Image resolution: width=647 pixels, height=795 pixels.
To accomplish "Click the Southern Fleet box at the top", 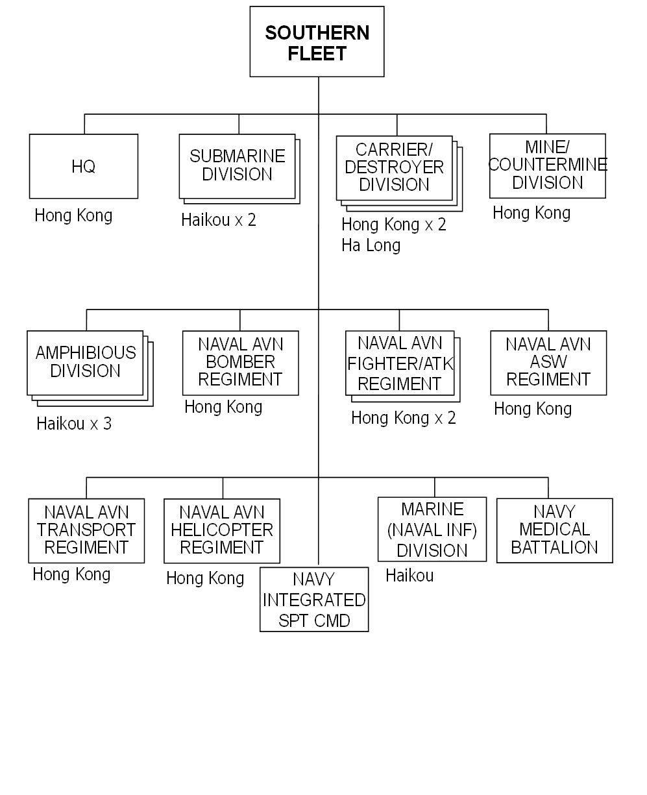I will click(x=317, y=42).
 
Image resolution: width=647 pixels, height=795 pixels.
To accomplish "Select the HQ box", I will click(x=84, y=166).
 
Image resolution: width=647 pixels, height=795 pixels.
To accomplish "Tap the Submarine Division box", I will click(x=237, y=165).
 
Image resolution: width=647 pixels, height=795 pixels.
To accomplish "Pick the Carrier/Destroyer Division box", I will click(x=394, y=167).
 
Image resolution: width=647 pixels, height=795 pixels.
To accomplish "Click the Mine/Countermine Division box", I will click(x=548, y=165).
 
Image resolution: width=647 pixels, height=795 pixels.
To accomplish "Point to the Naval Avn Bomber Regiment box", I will click(x=240, y=362).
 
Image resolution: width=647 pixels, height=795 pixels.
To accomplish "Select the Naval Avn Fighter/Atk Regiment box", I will click(x=399, y=363).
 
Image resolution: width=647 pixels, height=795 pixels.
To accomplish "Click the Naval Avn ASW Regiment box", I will click(x=548, y=362).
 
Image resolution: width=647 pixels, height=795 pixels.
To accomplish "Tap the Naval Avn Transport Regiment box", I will click(x=86, y=530).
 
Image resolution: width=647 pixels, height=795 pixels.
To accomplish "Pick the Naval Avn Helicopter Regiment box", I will click(x=222, y=530).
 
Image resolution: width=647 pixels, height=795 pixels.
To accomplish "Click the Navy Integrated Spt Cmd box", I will click(x=314, y=599).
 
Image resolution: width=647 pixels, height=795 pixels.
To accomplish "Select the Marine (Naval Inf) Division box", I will click(x=432, y=529).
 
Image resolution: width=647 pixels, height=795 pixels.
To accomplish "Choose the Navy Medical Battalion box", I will click(x=554, y=530).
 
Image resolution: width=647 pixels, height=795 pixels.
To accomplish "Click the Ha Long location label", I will click(x=371, y=245).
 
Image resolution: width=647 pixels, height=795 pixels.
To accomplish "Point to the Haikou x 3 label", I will click(x=74, y=424).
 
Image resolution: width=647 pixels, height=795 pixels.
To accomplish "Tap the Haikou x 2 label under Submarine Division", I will click(x=219, y=220).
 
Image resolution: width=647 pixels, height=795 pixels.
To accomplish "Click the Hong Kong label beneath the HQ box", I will click(x=73, y=215).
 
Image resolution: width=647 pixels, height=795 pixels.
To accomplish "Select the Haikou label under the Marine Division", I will click(x=409, y=576).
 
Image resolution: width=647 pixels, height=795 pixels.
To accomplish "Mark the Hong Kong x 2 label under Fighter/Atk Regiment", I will click(x=404, y=418).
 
